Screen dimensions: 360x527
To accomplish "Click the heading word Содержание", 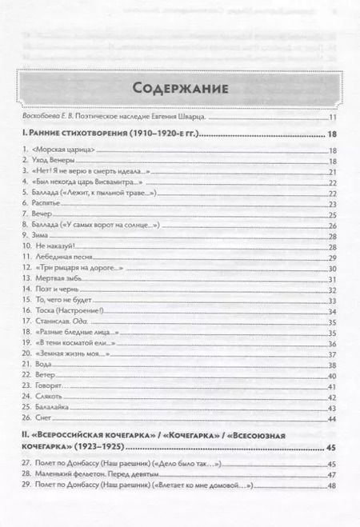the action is (179, 87).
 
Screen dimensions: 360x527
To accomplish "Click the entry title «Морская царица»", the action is (71, 151).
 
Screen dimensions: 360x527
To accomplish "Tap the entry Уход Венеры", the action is (61, 162).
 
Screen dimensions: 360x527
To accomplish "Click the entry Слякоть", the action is (54, 397).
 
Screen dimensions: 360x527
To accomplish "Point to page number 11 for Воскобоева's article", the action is (333, 118).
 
